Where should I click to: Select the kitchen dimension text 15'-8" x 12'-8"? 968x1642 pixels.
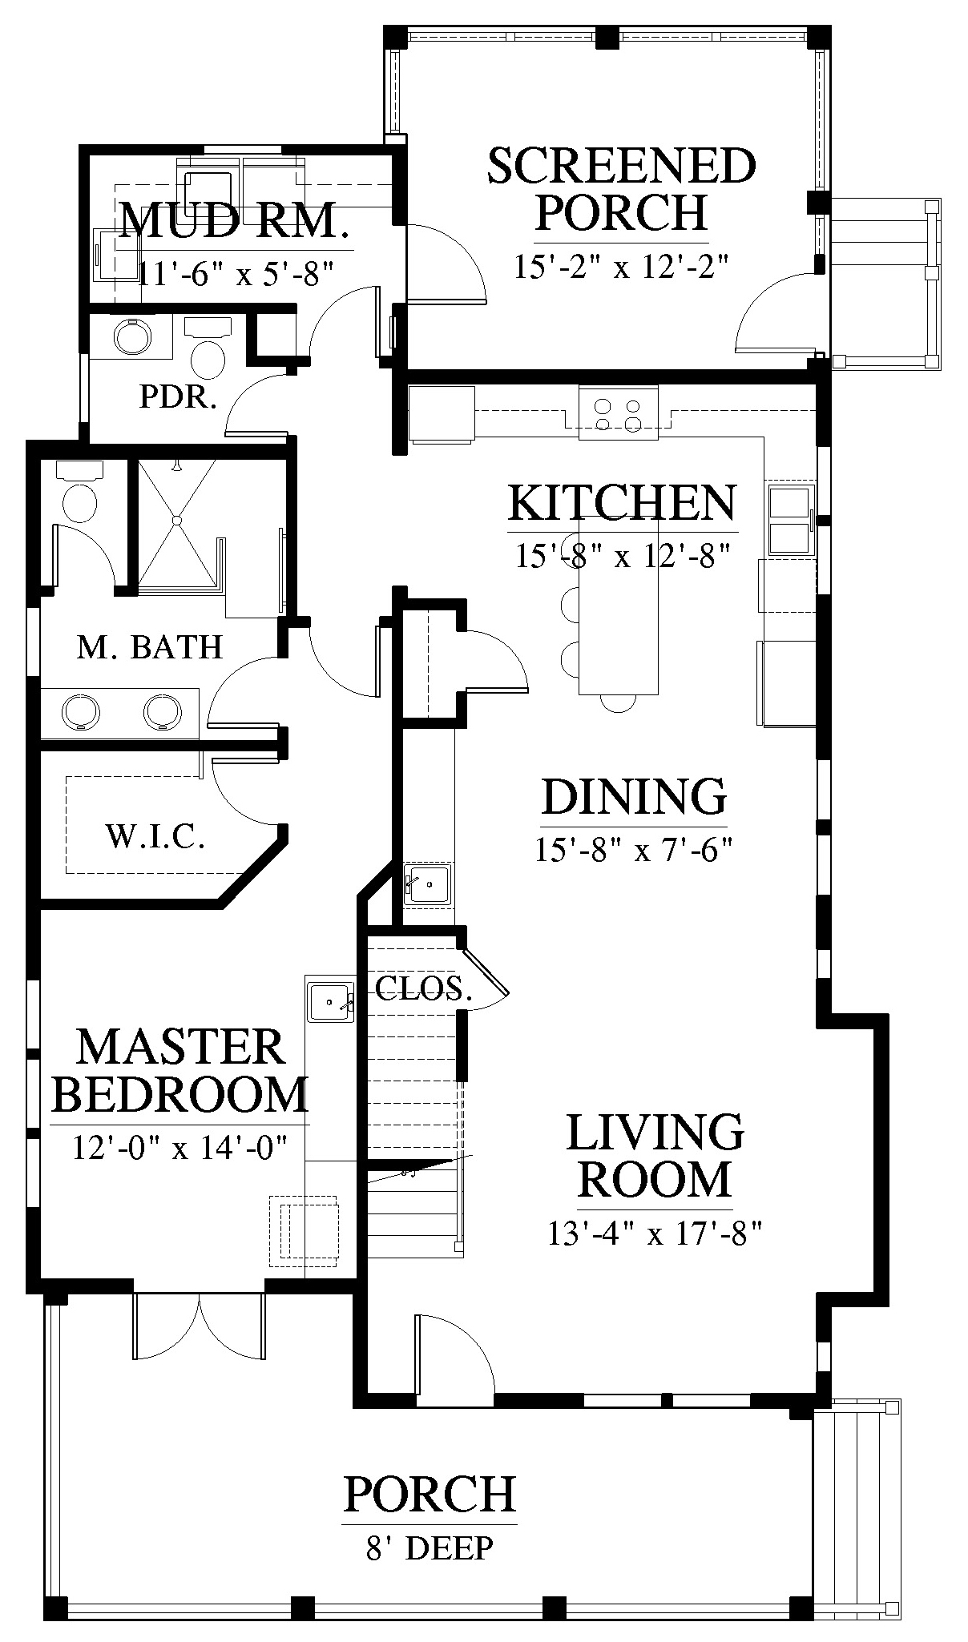623,554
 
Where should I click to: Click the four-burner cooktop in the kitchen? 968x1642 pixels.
619,412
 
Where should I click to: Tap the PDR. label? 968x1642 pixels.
178,397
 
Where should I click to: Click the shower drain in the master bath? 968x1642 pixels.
177,520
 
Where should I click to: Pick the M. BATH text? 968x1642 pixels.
150,646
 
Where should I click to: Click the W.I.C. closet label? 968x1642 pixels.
155,837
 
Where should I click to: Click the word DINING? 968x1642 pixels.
634,796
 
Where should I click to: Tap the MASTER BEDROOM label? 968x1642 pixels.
179,1070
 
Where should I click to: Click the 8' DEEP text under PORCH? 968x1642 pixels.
430,1548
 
